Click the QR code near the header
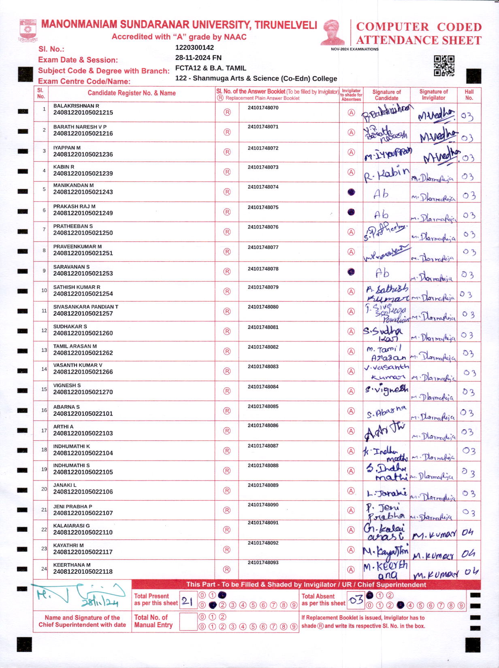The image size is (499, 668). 444,66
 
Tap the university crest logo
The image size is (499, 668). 28,31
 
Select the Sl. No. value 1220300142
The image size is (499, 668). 194,47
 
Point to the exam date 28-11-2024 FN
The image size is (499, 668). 198,57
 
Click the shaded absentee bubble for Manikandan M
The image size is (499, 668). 351,192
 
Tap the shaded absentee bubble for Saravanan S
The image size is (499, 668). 351,272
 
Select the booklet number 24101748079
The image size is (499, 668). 263,287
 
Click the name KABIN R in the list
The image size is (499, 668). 64,167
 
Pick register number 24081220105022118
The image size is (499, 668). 83,572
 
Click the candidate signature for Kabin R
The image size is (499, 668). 386,174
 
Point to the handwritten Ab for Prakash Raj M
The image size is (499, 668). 381,214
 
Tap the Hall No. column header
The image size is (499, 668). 469,95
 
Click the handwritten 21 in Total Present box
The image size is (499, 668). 187,601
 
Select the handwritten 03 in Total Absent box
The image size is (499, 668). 356,600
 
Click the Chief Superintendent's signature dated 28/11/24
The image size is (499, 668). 81,595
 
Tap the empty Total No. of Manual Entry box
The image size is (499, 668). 188,621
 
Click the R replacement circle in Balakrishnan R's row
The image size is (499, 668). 227,112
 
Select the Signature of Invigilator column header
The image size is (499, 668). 433,95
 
